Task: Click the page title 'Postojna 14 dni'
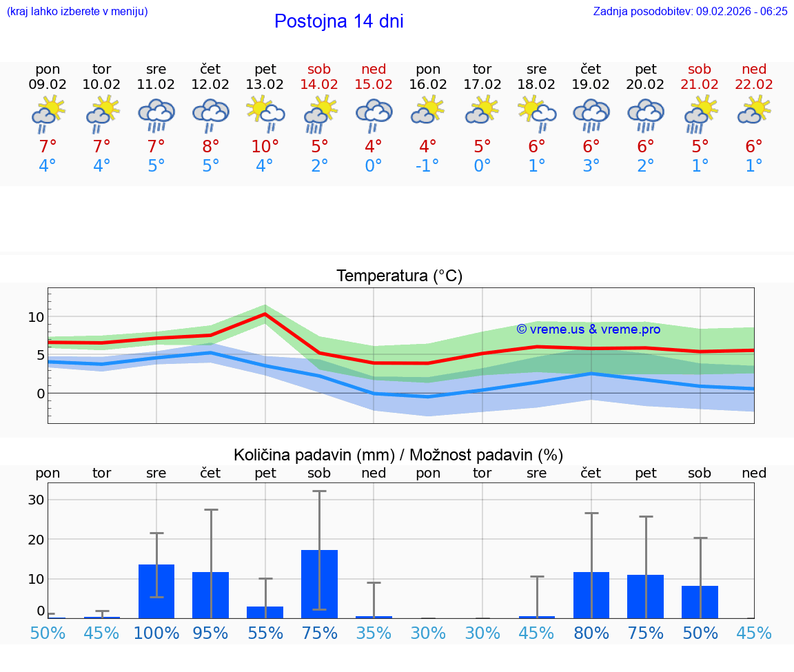tap(338, 21)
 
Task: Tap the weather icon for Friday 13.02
tap(265, 114)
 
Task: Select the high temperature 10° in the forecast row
tap(265, 146)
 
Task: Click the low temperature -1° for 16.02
tap(428, 166)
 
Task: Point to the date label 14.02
tap(319, 85)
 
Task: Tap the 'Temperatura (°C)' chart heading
tap(399, 276)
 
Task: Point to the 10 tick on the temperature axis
tap(36, 317)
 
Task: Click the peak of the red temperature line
tap(265, 314)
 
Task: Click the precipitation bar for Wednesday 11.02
tap(156, 591)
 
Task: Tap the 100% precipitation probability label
tap(156, 633)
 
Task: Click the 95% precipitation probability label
tap(210, 633)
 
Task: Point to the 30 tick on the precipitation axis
tap(36, 500)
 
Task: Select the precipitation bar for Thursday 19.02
tap(591, 595)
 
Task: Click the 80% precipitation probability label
tap(591, 633)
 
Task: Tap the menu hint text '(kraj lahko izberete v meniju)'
tap(77, 11)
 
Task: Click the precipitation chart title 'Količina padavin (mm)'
tap(314, 455)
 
